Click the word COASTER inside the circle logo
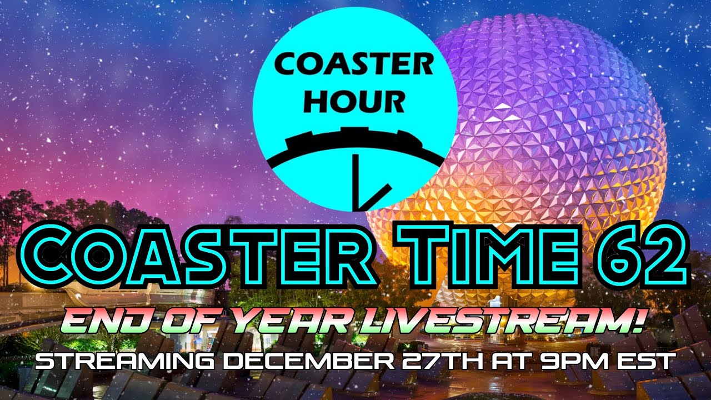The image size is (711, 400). point(354,66)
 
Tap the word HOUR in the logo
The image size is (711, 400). point(354,101)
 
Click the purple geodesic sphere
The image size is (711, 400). point(555,111)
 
